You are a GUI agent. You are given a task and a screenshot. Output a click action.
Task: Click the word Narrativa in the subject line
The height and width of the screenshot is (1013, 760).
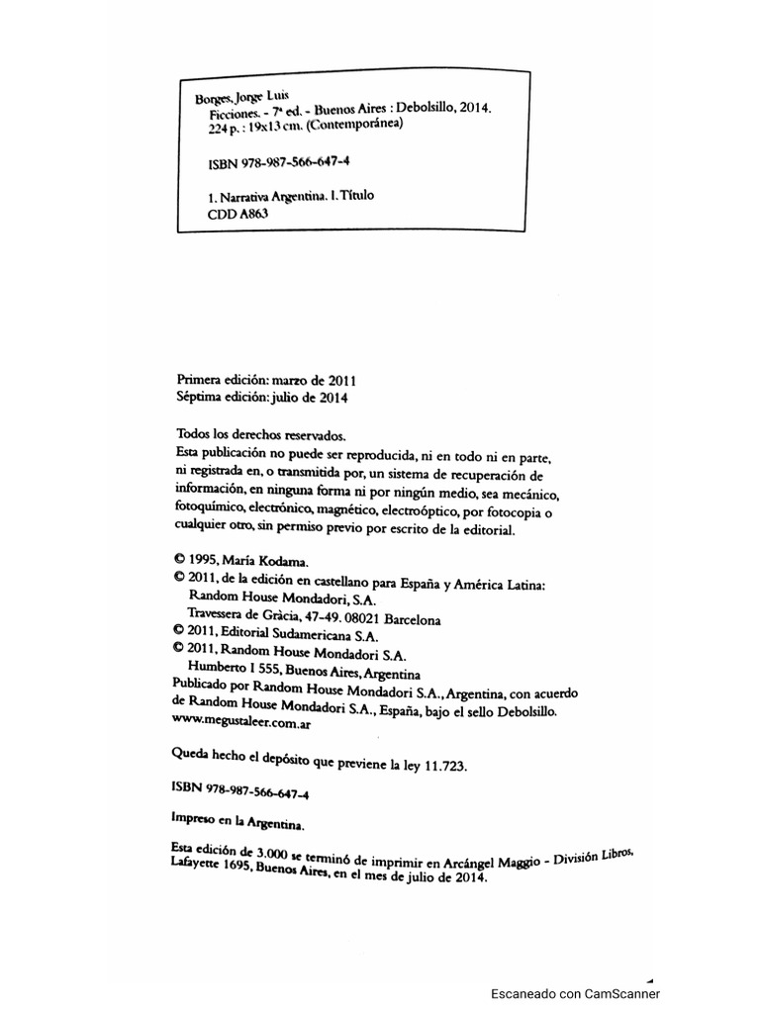pos(251,197)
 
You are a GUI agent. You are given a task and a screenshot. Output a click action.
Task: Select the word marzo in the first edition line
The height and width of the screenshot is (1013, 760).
pos(290,380)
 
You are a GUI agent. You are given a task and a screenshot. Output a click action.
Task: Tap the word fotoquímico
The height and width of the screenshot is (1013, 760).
pos(212,511)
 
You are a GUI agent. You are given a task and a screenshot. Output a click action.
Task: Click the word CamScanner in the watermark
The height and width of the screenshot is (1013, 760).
pos(621,994)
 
